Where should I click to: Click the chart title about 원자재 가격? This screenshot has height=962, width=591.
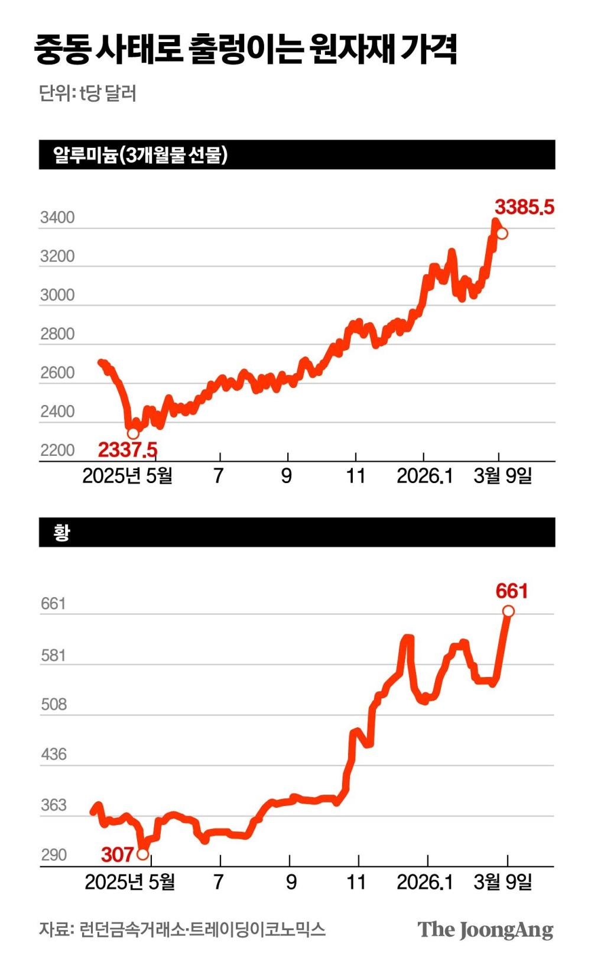click(245, 48)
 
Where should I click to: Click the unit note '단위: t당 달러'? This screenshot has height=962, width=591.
click(87, 93)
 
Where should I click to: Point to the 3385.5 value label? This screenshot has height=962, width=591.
click(525, 207)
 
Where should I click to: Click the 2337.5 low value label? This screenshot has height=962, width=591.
click(128, 450)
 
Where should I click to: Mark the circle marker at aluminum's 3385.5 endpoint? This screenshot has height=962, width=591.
click(502, 234)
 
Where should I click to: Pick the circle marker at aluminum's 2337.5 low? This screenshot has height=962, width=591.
click(133, 433)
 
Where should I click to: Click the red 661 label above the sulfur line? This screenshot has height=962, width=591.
click(512, 591)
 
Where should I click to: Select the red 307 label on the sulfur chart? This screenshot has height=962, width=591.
click(117, 854)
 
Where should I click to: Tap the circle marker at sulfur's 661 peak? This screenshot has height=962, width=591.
click(508, 611)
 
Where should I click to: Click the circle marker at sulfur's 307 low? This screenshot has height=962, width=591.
click(142, 854)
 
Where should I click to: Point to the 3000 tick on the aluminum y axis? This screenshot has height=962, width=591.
click(57, 295)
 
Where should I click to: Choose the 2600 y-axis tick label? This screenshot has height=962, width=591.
click(57, 373)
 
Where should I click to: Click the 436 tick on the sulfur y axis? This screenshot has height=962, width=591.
click(54, 754)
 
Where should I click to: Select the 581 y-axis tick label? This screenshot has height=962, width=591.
click(53, 655)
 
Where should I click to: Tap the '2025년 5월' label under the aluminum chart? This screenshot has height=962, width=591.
click(127, 475)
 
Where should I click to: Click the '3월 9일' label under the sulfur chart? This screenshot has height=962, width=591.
click(503, 882)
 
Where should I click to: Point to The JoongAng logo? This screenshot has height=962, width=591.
click(485, 929)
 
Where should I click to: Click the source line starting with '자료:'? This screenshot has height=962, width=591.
click(182, 929)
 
